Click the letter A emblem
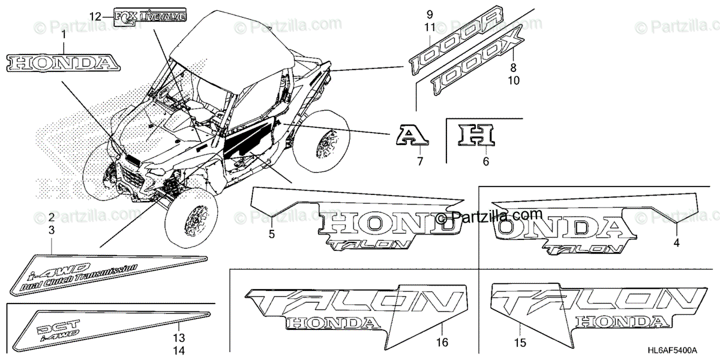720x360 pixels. point(412,137)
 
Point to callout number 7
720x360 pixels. point(420,160)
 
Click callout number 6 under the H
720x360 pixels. point(486,160)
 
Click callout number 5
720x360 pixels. point(272,235)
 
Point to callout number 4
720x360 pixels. point(676,243)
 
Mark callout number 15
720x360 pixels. point(520,343)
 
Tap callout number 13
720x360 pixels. point(179,338)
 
